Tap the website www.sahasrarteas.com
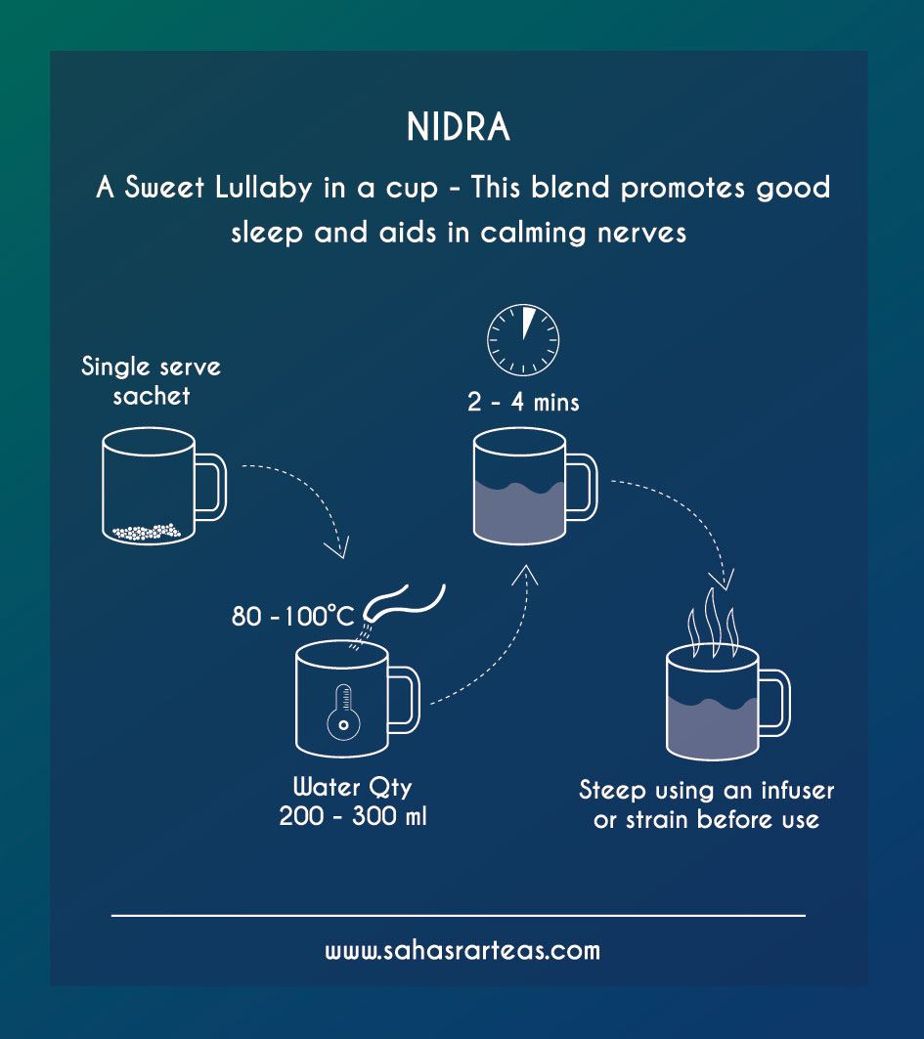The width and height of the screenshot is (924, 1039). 462,950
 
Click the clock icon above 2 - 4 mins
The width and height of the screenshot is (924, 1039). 523,338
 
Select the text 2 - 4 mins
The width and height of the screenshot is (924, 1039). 523,402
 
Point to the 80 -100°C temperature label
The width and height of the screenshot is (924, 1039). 292,617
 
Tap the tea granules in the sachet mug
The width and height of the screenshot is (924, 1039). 146,532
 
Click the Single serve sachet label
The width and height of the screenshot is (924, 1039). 152,381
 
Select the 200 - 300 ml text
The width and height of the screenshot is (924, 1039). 353,815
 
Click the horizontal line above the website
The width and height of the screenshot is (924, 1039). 459,915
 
